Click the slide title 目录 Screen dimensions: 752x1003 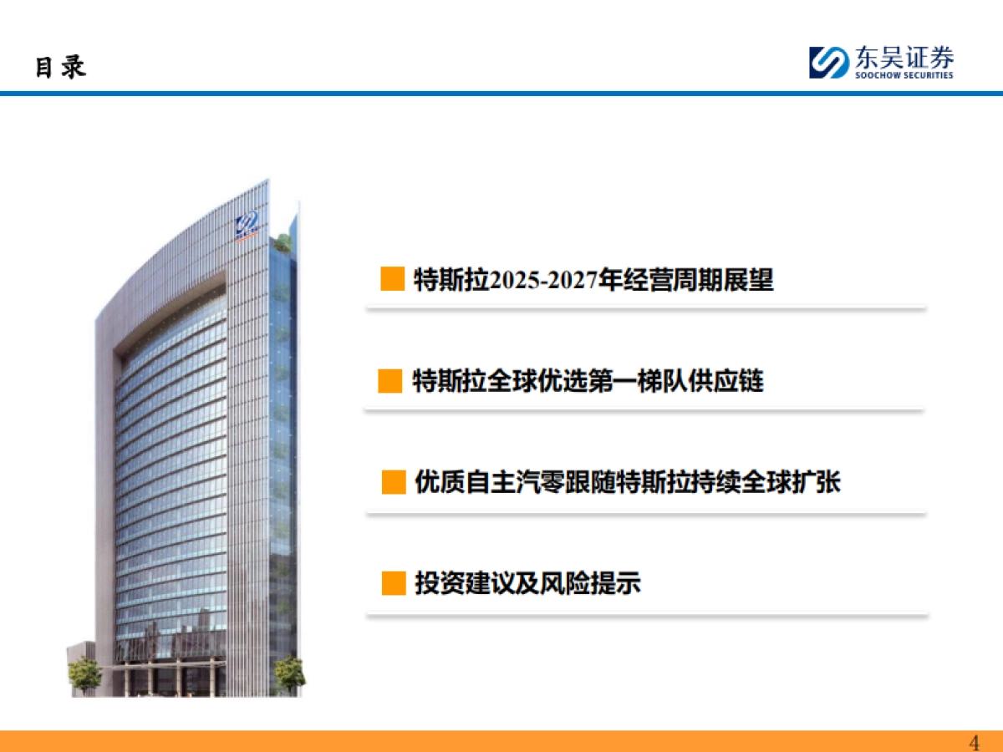(x=60, y=67)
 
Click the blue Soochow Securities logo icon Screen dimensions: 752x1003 (x=828, y=63)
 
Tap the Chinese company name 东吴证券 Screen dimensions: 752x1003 (x=903, y=58)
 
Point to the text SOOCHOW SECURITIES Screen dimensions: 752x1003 (x=904, y=75)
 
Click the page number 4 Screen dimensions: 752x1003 (x=974, y=743)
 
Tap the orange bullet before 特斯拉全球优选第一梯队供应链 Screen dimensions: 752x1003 (x=390, y=382)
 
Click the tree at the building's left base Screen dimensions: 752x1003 (x=85, y=674)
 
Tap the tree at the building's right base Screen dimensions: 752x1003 (x=290, y=673)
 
